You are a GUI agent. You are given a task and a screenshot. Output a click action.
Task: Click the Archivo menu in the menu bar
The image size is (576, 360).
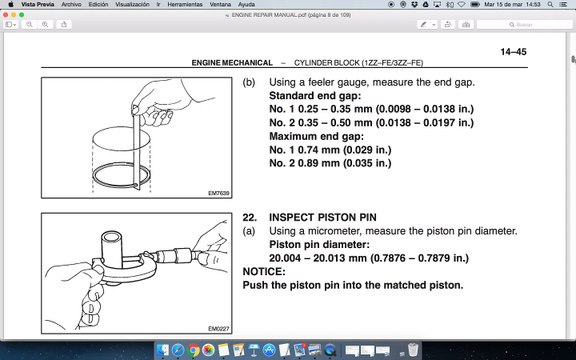point(71,5)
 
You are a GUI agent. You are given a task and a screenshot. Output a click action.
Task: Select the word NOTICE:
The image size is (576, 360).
point(264,271)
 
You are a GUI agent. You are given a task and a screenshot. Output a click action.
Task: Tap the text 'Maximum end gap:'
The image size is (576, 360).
point(315,136)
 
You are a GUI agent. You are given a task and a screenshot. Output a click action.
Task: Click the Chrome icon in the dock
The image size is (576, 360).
point(208,350)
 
